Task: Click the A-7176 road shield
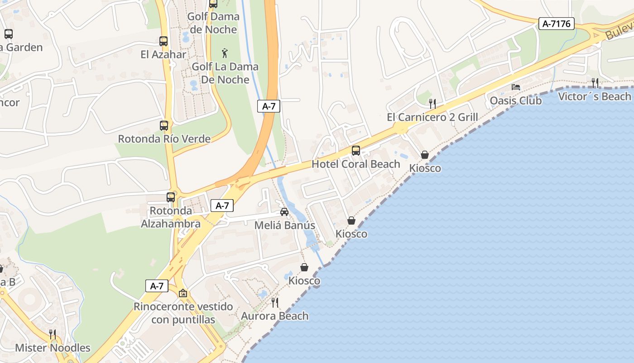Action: [x=556, y=24]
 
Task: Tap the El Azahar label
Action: [x=163, y=54]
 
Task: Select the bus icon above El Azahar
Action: [x=163, y=41]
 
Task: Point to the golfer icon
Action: [x=225, y=54]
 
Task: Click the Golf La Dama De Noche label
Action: [x=225, y=73]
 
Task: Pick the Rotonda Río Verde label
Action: [x=164, y=139]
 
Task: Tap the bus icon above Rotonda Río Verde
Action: [x=164, y=126]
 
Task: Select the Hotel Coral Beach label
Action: [x=356, y=164]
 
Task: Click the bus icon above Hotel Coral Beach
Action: [x=356, y=151]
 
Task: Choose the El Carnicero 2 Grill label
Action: [x=432, y=117]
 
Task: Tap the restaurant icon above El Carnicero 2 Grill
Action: [x=432, y=104]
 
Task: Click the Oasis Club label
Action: [x=516, y=100]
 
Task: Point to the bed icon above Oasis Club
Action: [x=516, y=87]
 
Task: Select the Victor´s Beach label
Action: [x=595, y=96]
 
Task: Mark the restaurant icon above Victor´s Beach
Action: [x=595, y=83]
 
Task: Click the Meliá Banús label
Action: [x=284, y=225]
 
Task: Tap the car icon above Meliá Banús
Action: [x=284, y=212]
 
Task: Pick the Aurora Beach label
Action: [x=274, y=316]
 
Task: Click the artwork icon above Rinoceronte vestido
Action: [x=183, y=294]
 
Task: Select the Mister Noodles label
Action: [x=53, y=348]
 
